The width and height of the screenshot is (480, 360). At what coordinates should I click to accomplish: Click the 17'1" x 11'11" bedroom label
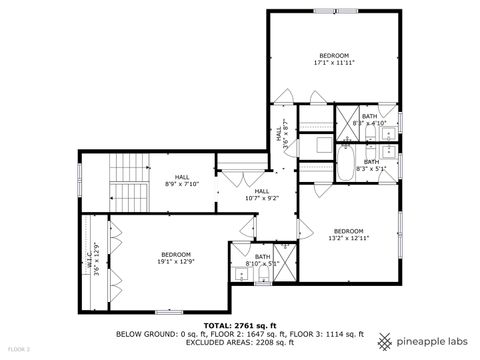pyautogui.click(x=334, y=58)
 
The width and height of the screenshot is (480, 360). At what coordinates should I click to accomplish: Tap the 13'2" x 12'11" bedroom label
pyautogui.click(x=349, y=234)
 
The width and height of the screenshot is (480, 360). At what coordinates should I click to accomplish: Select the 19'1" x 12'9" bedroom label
pyautogui.click(x=176, y=258)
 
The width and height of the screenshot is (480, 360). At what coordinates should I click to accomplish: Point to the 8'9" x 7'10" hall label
pyautogui.click(x=182, y=180)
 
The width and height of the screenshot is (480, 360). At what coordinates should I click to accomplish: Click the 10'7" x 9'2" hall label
pyautogui.click(x=261, y=194)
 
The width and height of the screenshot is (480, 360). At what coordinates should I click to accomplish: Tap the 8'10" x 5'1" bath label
pyautogui.click(x=262, y=260)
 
